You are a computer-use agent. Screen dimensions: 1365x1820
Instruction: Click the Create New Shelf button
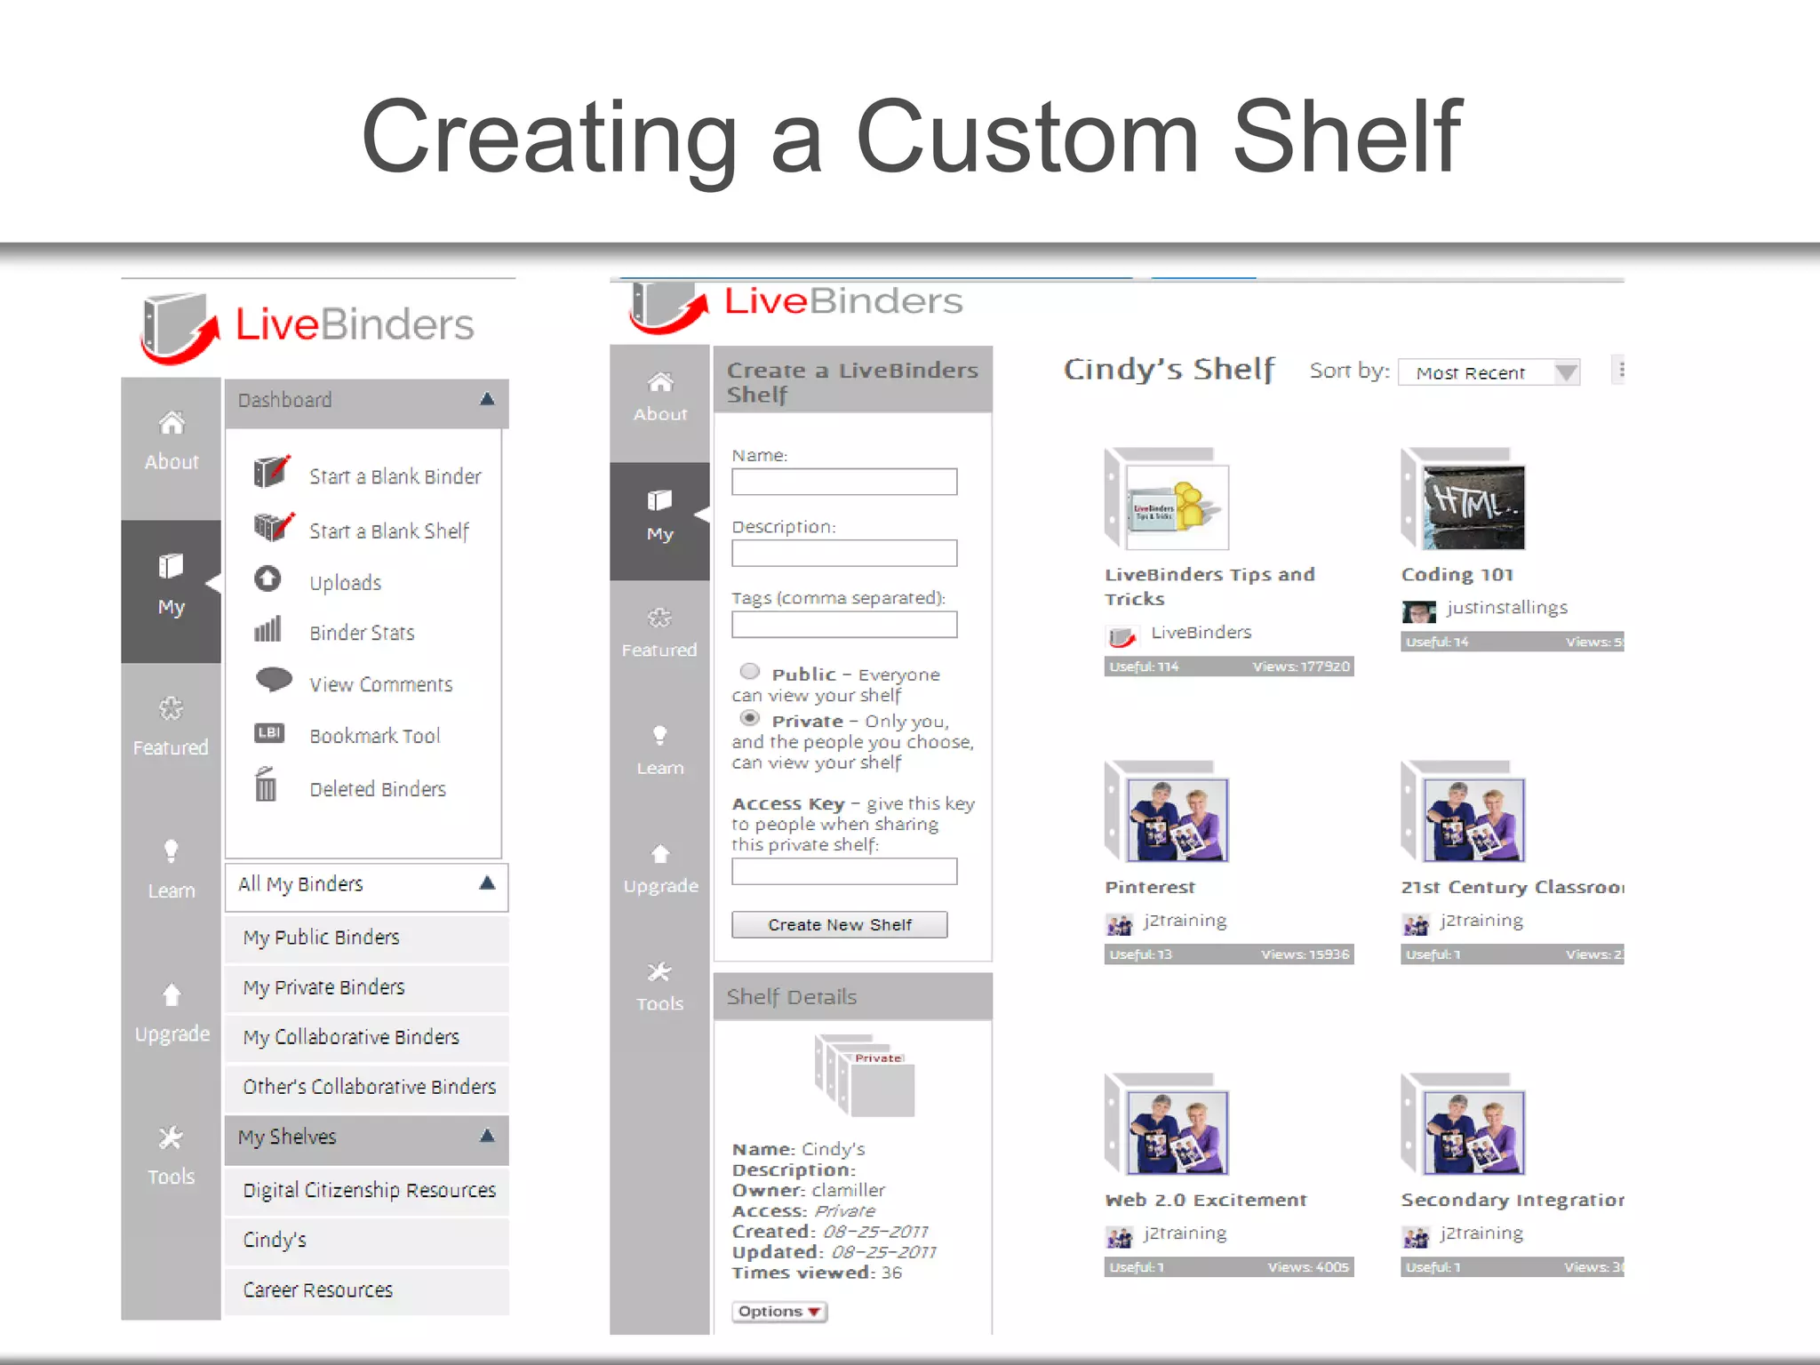(839, 924)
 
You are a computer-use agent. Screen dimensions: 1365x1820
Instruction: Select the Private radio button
(750, 718)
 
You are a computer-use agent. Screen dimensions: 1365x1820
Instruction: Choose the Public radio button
(750, 671)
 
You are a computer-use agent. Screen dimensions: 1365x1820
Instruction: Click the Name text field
(843, 482)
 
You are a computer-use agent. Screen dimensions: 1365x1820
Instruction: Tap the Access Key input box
(843, 871)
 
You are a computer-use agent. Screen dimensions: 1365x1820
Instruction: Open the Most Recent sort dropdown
(1489, 372)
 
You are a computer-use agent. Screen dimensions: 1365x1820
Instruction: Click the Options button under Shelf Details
(778, 1311)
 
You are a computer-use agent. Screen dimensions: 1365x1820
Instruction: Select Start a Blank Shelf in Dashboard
(388, 531)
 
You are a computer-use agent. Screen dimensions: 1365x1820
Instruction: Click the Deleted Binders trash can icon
(266, 786)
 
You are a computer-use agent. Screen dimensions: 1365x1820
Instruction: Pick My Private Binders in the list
(323, 987)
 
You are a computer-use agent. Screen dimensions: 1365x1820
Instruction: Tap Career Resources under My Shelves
(317, 1289)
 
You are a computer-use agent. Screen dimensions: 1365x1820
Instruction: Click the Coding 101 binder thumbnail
(1472, 505)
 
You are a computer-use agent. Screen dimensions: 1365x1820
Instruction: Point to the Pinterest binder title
(1150, 887)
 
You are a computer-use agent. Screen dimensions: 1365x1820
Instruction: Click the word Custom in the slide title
(1026, 138)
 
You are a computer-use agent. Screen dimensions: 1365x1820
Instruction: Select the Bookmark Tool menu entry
(374, 736)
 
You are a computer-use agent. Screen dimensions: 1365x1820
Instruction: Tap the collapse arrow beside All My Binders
(487, 883)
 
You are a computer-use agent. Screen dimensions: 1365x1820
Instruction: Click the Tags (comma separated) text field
(843, 625)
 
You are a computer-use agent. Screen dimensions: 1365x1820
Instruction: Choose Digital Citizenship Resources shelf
(369, 1190)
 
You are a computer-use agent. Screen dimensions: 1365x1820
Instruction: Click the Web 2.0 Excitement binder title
(1205, 1200)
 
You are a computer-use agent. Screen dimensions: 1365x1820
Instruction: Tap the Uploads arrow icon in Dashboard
(267, 579)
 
